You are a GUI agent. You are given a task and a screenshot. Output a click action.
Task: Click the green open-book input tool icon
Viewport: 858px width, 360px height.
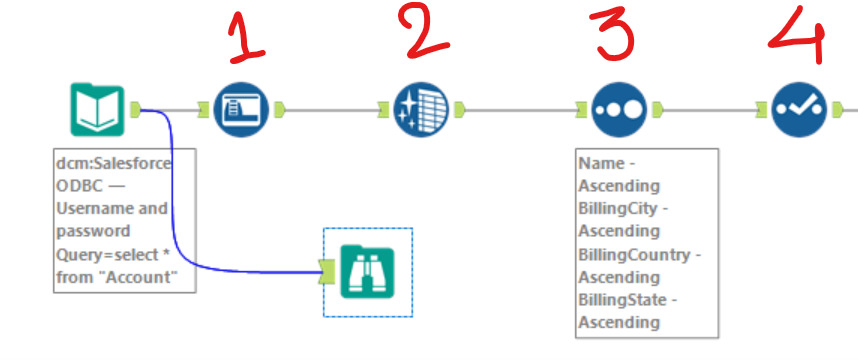pyautogui.click(x=97, y=109)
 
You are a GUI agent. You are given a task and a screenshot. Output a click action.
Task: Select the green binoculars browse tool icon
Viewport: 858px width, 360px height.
pyautogui.click(x=367, y=272)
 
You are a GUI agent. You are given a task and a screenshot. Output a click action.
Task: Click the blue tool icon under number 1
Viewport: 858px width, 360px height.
pyautogui.click(x=241, y=109)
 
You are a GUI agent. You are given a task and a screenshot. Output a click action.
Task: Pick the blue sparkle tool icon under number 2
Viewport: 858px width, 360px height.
pyautogui.click(x=421, y=109)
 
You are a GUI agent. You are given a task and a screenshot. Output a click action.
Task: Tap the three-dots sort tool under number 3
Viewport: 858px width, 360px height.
pyautogui.click(x=619, y=109)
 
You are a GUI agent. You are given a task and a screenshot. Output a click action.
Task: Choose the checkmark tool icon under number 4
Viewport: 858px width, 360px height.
pyautogui.click(x=799, y=109)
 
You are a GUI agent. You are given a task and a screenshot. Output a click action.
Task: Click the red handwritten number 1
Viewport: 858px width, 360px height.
pyautogui.click(x=246, y=38)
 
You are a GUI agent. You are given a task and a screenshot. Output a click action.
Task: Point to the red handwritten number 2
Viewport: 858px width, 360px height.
pyautogui.click(x=427, y=30)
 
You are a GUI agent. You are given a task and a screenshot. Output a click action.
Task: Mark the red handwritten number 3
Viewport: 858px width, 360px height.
pyautogui.click(x=612, y=33)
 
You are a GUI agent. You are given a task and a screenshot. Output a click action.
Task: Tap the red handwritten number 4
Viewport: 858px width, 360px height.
pyautogui.click(x=798, y=34)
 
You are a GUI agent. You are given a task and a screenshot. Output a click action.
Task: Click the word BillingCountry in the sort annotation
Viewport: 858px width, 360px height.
pyautogui.click(x=634, y=255)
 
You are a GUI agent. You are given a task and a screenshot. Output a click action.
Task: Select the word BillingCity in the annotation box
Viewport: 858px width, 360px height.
pyautogui.click(x=619, y=209)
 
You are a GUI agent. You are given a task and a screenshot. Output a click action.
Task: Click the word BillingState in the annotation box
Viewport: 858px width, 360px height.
pyautogui.click(x=623, y=300)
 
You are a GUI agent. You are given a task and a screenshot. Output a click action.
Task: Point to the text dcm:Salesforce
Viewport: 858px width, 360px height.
pyautogui.click(x=113, y=164)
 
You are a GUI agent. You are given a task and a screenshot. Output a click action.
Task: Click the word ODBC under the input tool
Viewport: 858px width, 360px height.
pyautogui.click(x=79, y=186)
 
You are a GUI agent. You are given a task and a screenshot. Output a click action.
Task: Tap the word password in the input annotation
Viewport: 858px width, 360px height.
pyautogui.click(x=93, y=232)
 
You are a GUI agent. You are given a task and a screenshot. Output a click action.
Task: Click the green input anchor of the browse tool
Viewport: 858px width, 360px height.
pyautogui.click(x=326, y=272)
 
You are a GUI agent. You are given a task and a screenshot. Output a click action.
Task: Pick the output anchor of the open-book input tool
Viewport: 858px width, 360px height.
pyautogui.click(x=135, y=110)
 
